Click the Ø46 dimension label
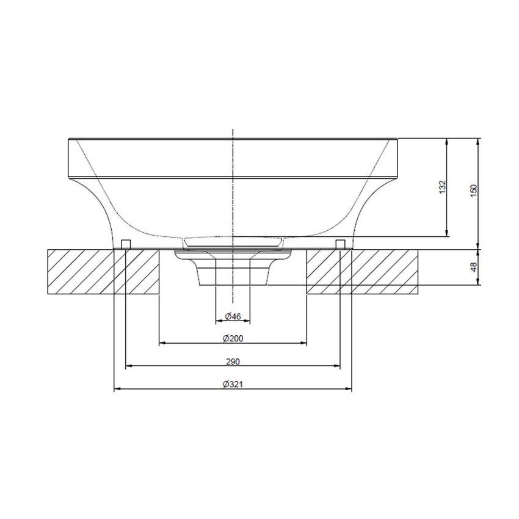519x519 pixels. (233, 316)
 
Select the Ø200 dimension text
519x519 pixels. (233, 339)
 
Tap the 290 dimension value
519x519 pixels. (233, 361)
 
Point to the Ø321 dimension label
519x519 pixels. (233, 384)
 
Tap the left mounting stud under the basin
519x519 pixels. (125, 244)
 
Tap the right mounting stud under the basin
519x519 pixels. (341, 244)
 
